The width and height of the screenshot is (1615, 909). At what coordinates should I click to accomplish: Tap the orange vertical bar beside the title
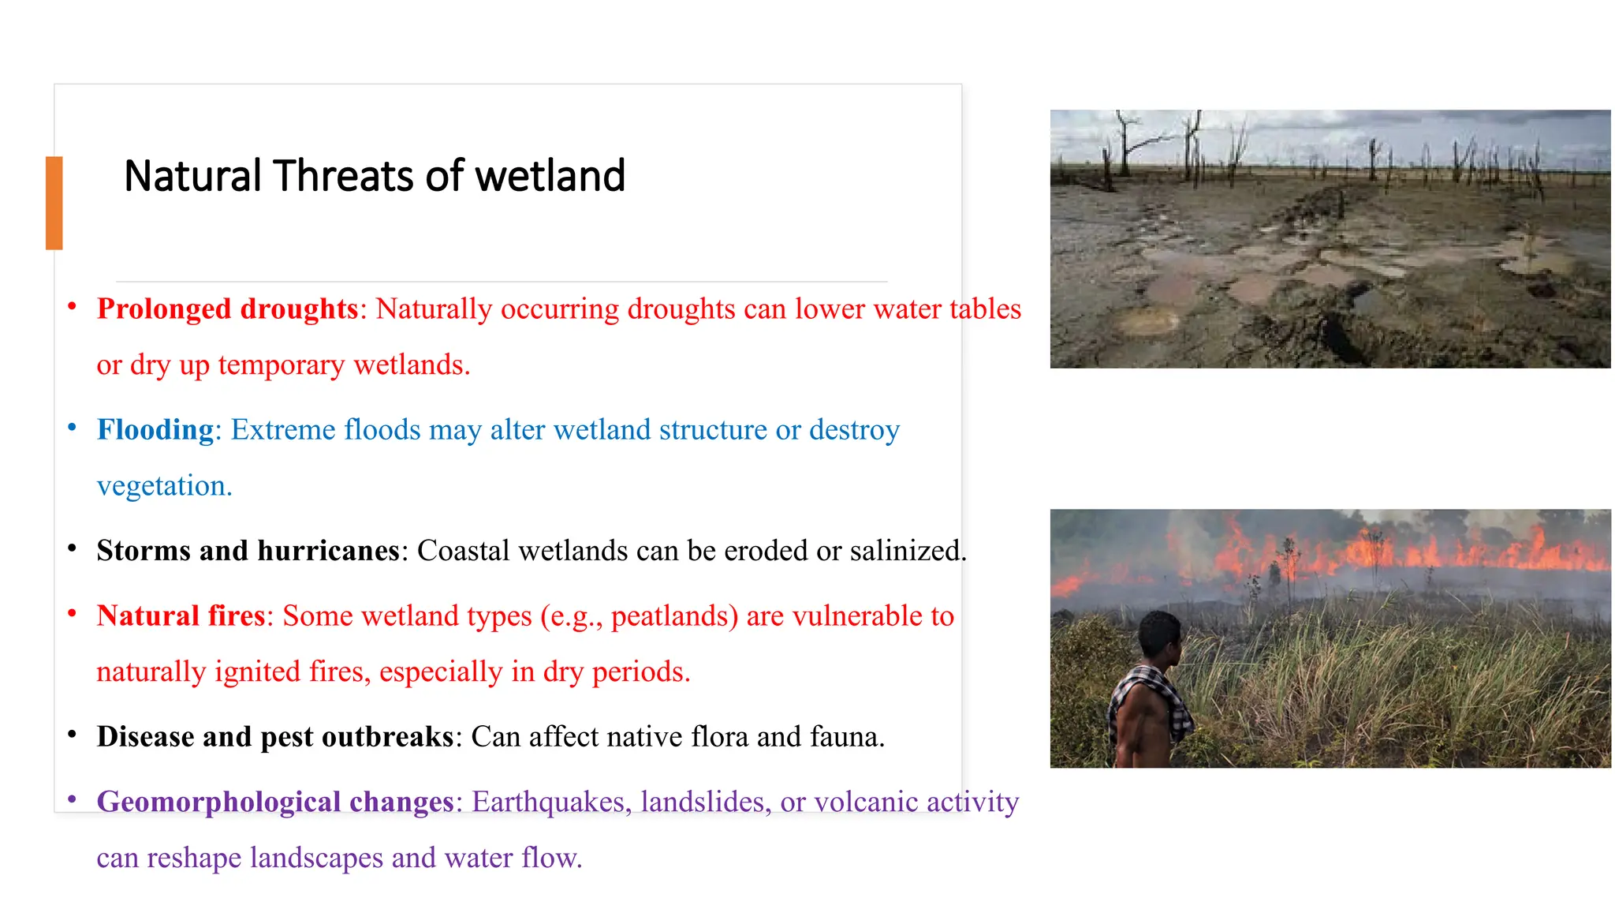coord(54,203)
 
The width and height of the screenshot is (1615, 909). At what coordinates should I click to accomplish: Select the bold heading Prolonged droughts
coord(227,309)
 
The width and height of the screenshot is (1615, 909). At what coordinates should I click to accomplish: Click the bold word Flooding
coord(155,429)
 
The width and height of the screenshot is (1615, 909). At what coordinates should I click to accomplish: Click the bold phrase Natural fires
coord(181,615)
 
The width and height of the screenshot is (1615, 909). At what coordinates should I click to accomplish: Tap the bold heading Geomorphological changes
coord(275,802)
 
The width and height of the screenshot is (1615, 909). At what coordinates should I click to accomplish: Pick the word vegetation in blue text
coord(163,486)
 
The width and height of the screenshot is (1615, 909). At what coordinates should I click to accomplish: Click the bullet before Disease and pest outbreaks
coord(72,735)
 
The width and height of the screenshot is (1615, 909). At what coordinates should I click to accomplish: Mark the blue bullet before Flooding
coord(72,428)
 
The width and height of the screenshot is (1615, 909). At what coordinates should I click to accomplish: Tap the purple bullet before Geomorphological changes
coord(72,799)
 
